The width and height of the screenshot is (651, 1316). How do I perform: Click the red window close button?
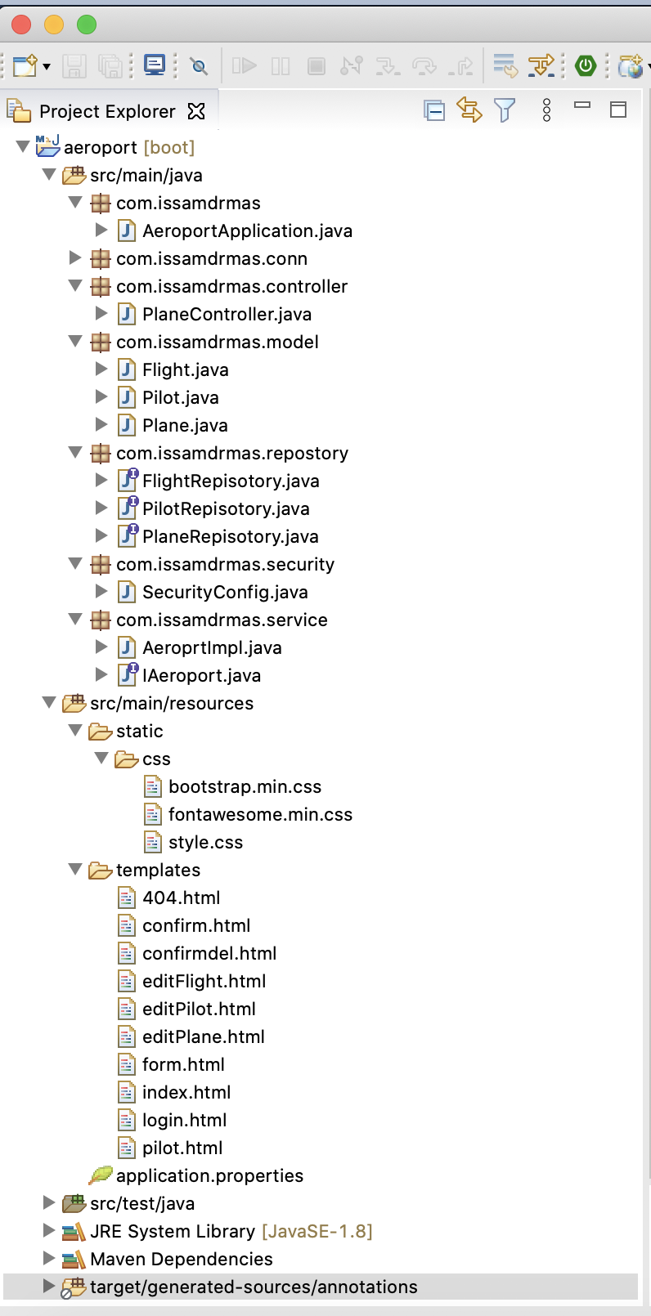(x=21, y=25)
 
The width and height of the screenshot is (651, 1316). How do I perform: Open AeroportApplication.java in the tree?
(x=246, y=231)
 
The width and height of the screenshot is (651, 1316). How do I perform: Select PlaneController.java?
(x=226, y=315)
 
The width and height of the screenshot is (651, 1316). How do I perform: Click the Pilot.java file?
(x=180, y=398)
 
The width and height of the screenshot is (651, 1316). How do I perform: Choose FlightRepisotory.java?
(x=230, y=481)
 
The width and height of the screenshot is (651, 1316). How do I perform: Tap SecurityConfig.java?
(x=225, y=593)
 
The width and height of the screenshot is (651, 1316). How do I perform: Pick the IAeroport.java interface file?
(x=201, y=676)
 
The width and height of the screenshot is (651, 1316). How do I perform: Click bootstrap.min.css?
(x=245, y=787)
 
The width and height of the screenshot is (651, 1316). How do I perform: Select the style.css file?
(x=205, y=843)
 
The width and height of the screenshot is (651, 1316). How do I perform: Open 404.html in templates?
(x=181, y=898)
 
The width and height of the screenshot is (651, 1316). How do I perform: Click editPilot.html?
(x=199, y=1009)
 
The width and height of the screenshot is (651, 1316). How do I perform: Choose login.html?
(x=184, y=1121)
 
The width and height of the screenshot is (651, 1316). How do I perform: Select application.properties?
(x=209, y=1176)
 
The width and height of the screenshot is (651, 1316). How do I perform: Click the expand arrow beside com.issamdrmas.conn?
(x=75, y=258)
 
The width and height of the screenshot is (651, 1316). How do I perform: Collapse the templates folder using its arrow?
(x=75, y=870)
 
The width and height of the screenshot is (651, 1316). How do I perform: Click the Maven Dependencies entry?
(x=181, y=1260)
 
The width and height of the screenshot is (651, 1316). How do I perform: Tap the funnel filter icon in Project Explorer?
(x=505, y=110)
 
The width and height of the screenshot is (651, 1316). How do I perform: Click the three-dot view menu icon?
(x=546, y=110)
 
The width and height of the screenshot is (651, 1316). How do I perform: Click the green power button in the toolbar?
(x=586, y=65)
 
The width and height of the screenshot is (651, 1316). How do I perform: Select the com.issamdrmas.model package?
(x=217, y=342)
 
